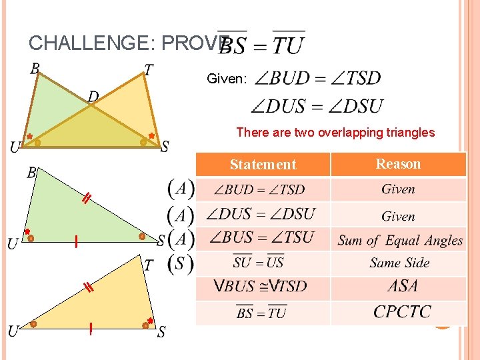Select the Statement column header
pyautogui.click(x=263, y=165)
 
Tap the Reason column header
pyautogui.click(x=398, y=164)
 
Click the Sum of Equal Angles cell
pyautogui.click(x=400, y=240)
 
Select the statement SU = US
pyautogui.click(x=259, y=263)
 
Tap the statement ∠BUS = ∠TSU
pyautogui.click(x=261, y=238)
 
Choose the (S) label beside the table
pyautogui.click(x=180, y=263)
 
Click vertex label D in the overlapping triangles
pyautogui.click(x=93, y=97)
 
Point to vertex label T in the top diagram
pyautogui.click(x=149, y=69)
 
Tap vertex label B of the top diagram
pyautogui.click(x=35, y=68)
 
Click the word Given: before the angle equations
pyautogui.click(x=227, y=79)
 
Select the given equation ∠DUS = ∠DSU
pyautogui.click(x=317, y=106)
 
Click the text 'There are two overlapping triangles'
pyautogui.click(x=335, y=133)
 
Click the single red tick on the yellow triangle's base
pyautogui.click(x=91, y=329)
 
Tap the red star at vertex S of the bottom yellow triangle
pyautogui.click(x=151, y=321)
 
